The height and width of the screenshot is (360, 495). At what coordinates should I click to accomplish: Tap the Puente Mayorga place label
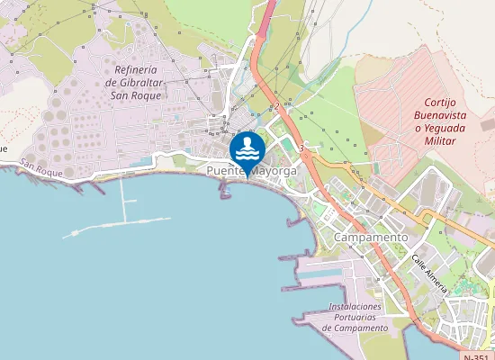252,171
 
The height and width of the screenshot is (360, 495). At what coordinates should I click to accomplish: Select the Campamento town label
370,237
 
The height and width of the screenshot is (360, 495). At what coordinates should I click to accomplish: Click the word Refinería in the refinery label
137,70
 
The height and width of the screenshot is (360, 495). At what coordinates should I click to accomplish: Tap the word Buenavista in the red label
440,115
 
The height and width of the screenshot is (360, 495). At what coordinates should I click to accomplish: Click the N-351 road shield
478,355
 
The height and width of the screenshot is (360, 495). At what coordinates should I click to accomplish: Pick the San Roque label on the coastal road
40,166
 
